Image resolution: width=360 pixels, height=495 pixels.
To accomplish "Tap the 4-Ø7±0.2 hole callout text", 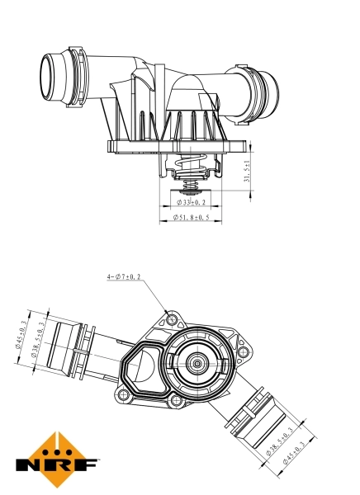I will click(x=123, y=277).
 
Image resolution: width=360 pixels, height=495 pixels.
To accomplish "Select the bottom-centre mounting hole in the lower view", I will click(x=174, y=402).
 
